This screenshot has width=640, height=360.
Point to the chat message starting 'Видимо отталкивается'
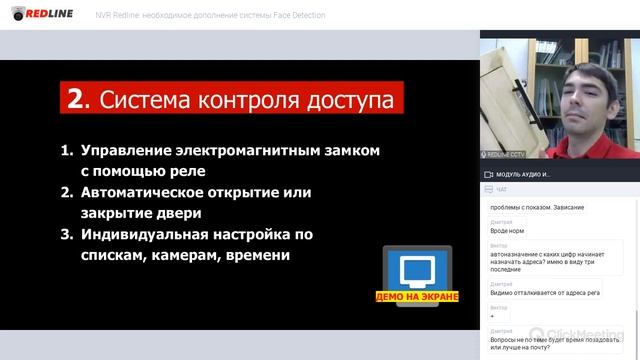[x=544, y=293]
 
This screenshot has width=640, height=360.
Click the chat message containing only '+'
[x=492, y=315]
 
